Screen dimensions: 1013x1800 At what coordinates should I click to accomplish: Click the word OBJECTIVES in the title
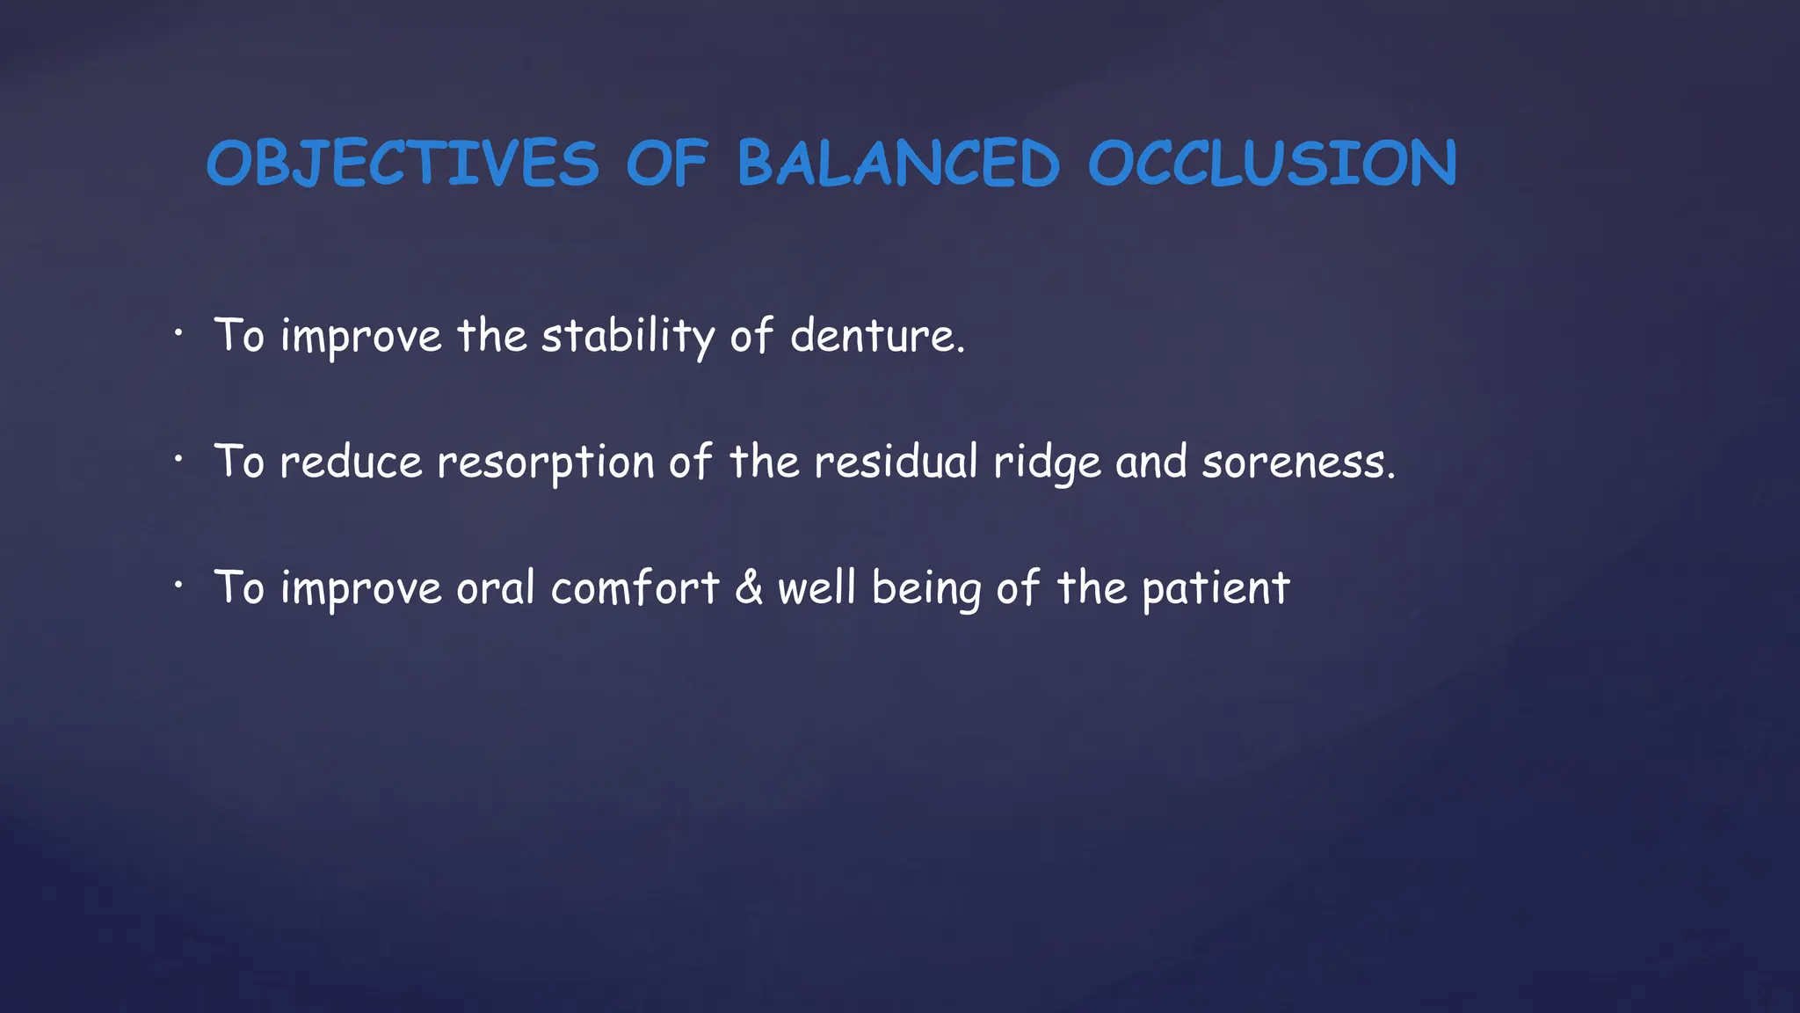pos(403,164)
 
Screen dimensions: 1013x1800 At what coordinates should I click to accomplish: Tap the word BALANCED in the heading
pos(899,164)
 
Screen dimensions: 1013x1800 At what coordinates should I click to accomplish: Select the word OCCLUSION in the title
pos(1272,164)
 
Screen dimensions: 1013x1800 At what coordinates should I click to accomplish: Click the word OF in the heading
pos(666,164)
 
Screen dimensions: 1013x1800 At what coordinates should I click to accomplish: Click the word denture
pos(876,336)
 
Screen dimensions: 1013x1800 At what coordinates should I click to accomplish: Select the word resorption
pos(545,462)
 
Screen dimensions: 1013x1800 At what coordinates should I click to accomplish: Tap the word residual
pos(895,462)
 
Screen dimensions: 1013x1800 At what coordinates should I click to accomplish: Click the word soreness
pos(1297,462)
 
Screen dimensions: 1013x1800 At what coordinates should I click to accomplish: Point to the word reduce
pos(350,462)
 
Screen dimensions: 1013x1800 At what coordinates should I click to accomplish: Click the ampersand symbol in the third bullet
pos(749,587)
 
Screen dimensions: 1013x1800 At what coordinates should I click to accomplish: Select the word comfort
pos(635,587)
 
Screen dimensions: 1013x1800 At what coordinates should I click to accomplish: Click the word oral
pos(495,587)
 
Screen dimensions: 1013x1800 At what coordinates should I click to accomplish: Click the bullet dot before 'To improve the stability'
pos(178,333)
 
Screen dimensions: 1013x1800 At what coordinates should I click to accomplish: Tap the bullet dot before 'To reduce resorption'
pos(178,458)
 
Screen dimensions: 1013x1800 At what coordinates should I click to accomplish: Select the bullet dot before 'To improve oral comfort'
pos(178,584)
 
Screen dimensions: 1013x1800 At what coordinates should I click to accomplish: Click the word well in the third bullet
pos(817,587)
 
